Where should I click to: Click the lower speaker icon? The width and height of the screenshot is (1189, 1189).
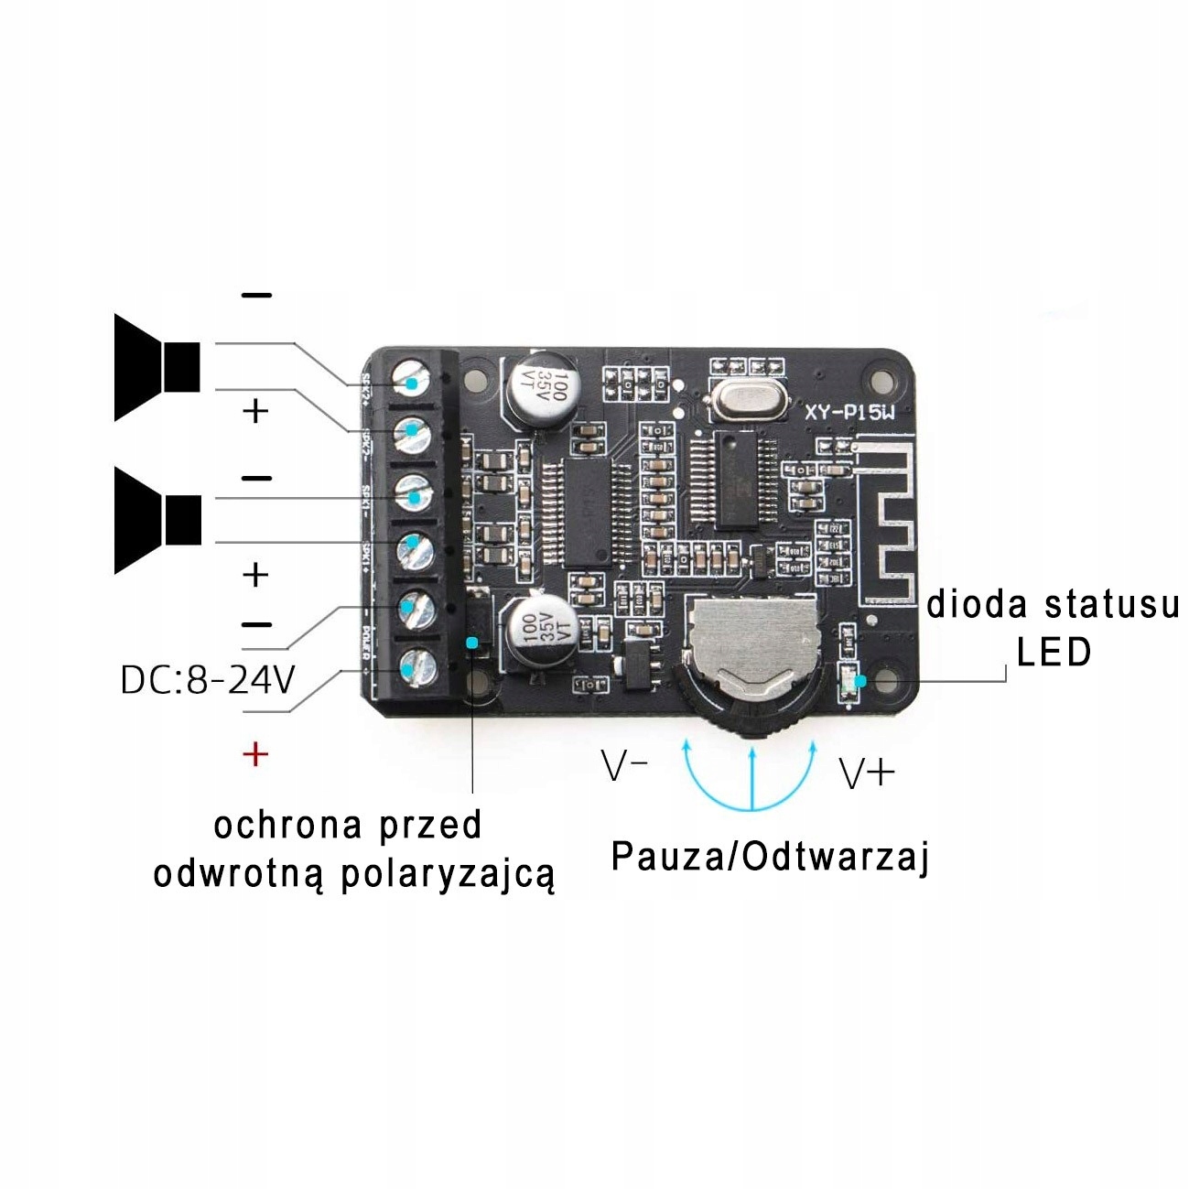[x=157, y=521]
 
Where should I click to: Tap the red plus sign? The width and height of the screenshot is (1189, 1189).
[x=255, y=754]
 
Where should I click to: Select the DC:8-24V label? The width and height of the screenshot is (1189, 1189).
[x=208, y=680]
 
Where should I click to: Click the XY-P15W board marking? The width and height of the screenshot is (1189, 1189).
[x=849, y=412]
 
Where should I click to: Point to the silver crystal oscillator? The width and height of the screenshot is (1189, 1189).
[x=747, y=401]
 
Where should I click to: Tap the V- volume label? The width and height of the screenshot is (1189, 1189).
[x=624, y=767]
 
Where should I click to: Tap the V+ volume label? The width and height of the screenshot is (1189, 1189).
[x=866, y=774]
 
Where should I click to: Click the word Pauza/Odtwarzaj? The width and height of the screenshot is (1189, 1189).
[x=770, y=858]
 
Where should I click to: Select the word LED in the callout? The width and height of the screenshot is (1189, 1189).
[x=1054, y=653]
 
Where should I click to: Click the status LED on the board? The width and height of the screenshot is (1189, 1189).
[x=850, y=682]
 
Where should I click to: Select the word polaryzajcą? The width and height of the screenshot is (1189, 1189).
[x=448, y=874]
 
